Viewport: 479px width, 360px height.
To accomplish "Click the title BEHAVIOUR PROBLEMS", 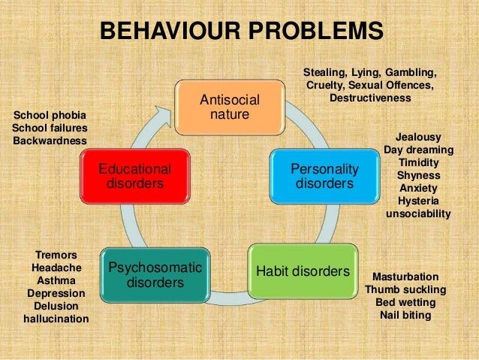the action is pyautogui.click(x=242, y=32).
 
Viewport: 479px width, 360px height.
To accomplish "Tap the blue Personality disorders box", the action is pyautogui.click(x=324, y=176).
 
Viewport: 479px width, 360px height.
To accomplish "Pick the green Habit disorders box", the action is pyautogui.click(x=303, y=271).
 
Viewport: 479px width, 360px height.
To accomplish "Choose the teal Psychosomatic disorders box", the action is pyautogui.click(x=155, y=275).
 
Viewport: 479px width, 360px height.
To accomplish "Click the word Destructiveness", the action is pyautogui.click(x=370, y=98).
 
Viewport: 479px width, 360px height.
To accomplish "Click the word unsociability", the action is pyautogui.click(x=418, y=213).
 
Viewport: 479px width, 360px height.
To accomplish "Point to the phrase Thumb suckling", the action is pyautogui.click(x=405, y=289).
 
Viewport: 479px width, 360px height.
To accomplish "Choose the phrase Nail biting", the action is pyautogui.click(x=405, y=315).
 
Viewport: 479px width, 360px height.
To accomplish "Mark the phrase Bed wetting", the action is pyautogui.click(x=405, y=302).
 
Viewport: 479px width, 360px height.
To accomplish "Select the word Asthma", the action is pyautogui.click(x=56, y=280).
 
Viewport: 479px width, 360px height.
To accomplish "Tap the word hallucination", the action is pyautogui.click(x=56, y=319).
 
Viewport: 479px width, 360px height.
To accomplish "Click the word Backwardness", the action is pyautogui.click(x=50, y=141).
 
